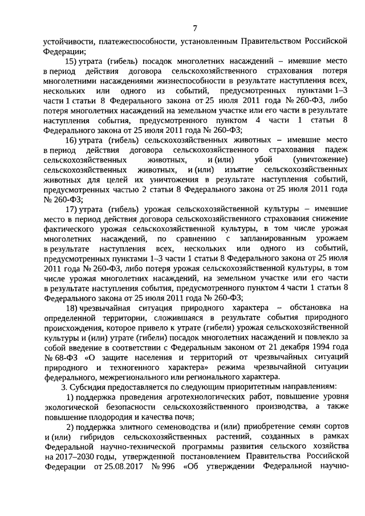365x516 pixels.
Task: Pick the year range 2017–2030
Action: coord(74,456)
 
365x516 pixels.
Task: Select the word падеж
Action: coord(333,149)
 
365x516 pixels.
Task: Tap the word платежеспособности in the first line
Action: coord(134,42)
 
